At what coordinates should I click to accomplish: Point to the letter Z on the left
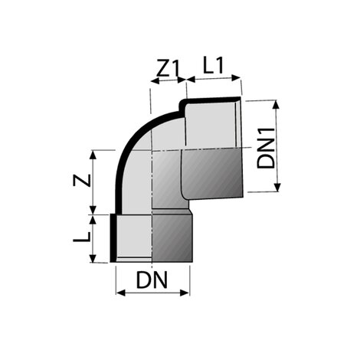(x=84, y=182)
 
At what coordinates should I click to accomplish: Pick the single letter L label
(x=85, y=238)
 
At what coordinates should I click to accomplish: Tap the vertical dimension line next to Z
(x=94, y=182)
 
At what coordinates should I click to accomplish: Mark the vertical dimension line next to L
(x=94, y=238)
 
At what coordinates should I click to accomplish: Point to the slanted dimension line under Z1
(x=167, y=83)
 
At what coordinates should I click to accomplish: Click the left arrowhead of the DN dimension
(x=119, y=292)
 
